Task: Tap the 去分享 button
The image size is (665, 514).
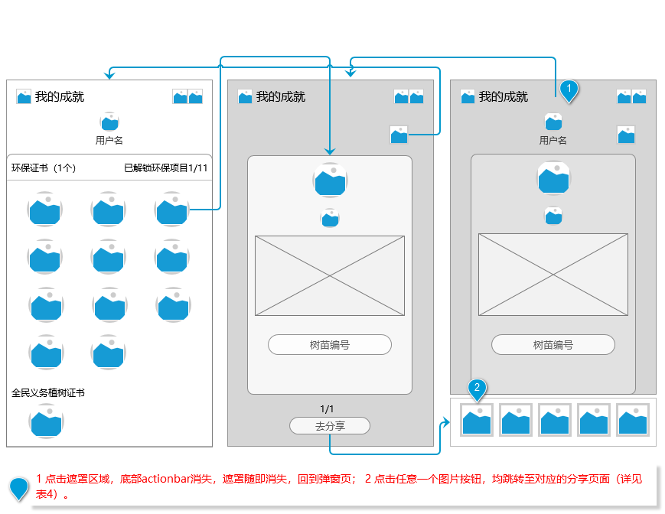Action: coord(330,426)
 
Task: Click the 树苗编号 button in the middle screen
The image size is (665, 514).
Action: coord(330,345)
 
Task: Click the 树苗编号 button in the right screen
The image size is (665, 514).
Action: coord(553,345)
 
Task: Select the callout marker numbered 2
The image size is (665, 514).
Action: coord(477,389)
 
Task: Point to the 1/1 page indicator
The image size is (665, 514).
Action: coord(327,408)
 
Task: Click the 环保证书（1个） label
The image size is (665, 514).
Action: coord(44,168)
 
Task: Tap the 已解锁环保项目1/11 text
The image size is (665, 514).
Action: coord(166,168)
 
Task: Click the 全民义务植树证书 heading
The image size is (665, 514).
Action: coord(48,392)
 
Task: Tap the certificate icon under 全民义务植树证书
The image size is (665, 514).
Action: coord(46,421)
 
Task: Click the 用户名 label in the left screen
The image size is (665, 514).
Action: coord(109,140)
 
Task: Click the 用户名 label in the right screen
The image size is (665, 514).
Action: coord(553,140)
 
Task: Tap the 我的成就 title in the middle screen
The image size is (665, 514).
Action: coord(280,96)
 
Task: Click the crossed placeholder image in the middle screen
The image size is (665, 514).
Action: coord(330,275)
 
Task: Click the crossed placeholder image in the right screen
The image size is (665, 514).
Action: coord(553,274)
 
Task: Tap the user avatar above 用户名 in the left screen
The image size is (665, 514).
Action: coord(109,121)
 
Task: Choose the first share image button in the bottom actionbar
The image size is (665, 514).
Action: coord(477,420)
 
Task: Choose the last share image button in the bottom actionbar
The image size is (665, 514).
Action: coord(633,420)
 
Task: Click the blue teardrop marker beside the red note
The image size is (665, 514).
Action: coord(18,489)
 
